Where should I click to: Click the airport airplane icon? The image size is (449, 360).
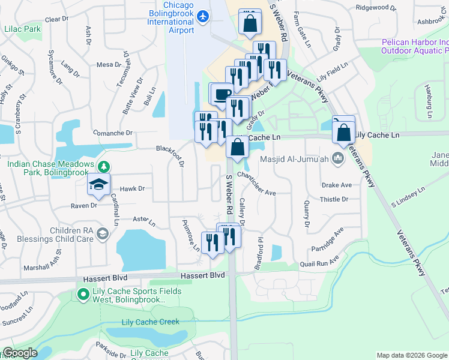pos(202,16)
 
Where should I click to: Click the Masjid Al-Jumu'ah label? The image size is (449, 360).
pos(294,159)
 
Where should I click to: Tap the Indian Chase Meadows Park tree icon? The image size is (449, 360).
pos(104,166)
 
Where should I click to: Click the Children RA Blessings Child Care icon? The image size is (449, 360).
pos(102,233)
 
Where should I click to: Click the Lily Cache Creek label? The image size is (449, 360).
pos(150,322)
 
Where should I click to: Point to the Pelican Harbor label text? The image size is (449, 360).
pos(414,47)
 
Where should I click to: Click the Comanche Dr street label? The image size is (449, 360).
pos(111,133)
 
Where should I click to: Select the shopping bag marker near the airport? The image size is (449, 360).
pos(250,23)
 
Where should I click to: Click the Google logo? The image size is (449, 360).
pos(20,353)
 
